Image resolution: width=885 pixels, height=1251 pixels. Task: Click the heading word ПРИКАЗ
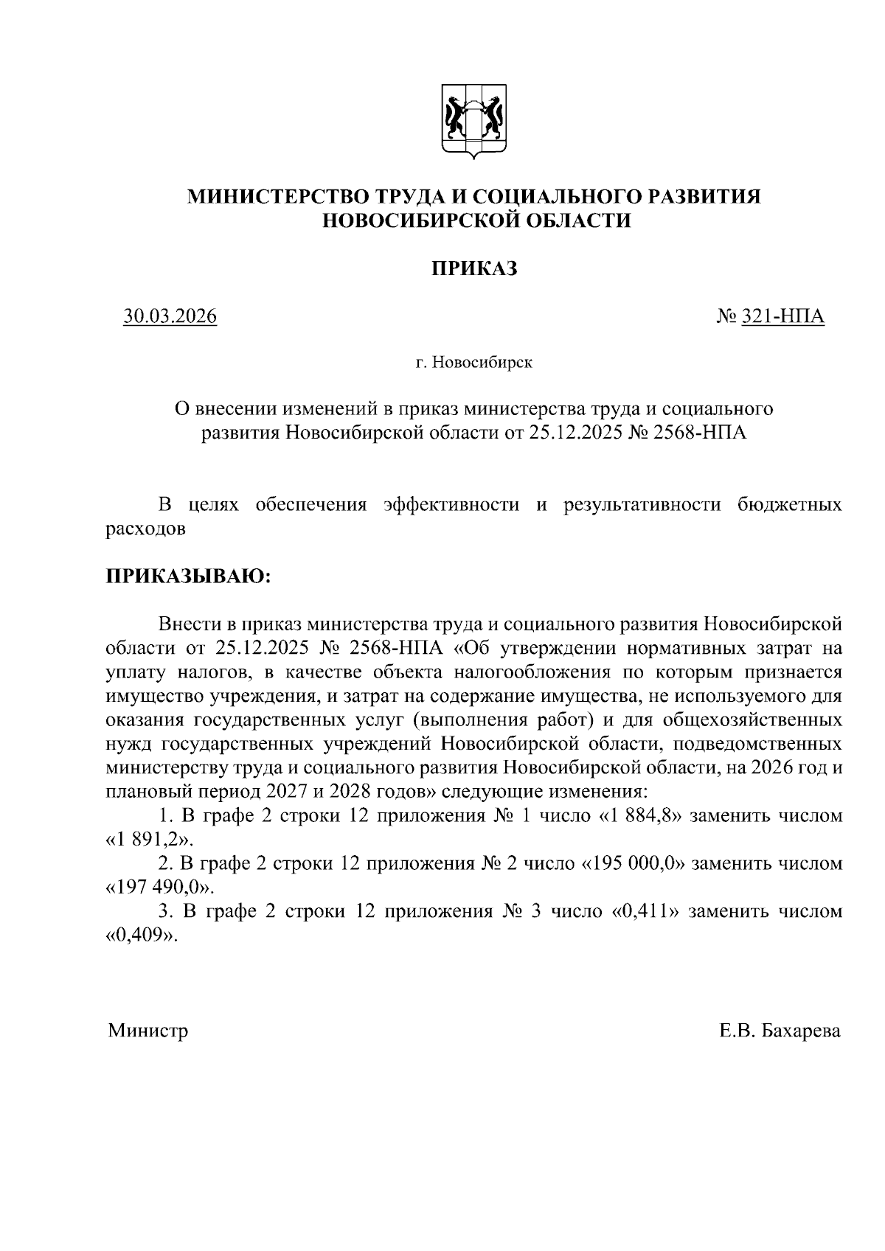pyautogui.click(x=474, y=269)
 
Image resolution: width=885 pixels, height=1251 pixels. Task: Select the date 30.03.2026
pyautogui.click(x=170, y=316)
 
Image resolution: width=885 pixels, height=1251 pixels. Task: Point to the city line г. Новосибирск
pyautogui.click(x=473, y=363)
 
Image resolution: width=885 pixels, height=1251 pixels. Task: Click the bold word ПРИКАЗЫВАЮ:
pyautogui.click(x=190, y=576)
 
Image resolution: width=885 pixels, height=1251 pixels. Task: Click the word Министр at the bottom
pyautogui.click(x=147, y=1030)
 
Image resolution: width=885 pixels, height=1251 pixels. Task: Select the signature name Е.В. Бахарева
pyautogui.click(x=780, y=1030)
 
